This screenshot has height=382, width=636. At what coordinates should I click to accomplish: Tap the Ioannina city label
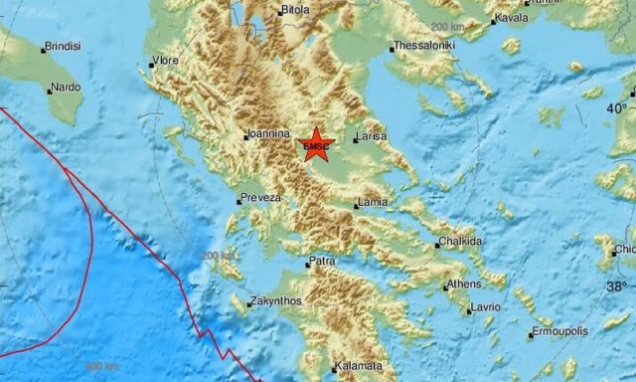coord(269,133)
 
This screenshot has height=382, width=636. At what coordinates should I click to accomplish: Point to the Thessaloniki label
coord(424,46)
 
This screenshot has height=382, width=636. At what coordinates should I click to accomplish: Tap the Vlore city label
coord(167,61)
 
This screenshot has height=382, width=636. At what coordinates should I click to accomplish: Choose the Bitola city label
coord(295,10)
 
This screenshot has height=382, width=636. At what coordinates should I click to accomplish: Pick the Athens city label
coord(463,284)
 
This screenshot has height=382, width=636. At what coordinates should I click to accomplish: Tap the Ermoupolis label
coord(561,330)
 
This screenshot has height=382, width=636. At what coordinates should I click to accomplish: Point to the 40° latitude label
coord(618,107)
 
